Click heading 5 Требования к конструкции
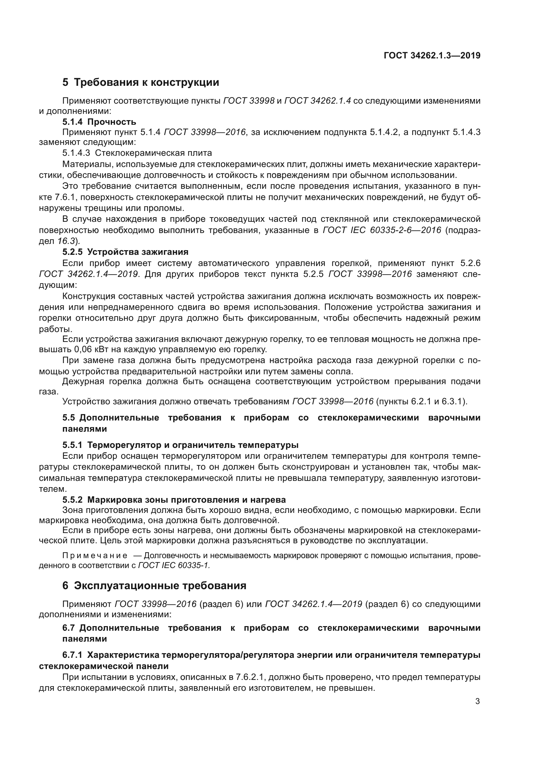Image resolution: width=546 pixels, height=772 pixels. pos(141,83)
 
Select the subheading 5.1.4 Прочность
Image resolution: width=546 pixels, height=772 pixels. pos(99,122)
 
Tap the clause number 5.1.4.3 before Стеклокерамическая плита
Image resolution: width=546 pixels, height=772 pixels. pos(76,153)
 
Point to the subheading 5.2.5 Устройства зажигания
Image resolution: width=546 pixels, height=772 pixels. pos(125,252)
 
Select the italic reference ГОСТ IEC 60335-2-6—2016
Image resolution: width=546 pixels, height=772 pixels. pos(382,230)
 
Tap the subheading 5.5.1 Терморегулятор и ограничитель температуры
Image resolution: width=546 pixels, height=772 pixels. pos(180,445)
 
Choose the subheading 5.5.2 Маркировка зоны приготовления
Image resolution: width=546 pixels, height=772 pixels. pos(174,499)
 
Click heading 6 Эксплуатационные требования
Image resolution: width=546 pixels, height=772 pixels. pos(154,586)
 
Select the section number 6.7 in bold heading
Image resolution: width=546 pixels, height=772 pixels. pos(69,628)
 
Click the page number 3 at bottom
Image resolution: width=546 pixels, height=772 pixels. pos(477,701)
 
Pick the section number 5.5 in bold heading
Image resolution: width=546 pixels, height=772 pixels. pos(69,418)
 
